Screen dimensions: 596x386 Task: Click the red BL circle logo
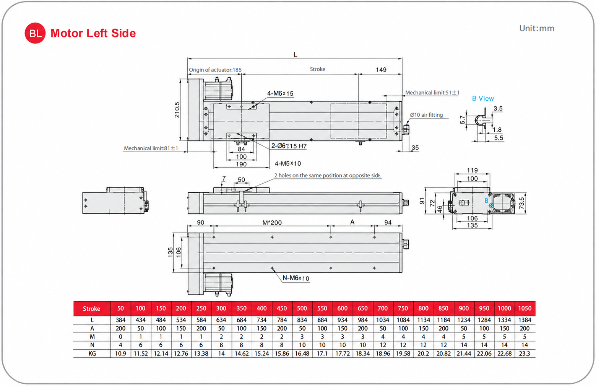point(35,33)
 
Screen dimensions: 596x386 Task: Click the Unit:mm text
point(537,28)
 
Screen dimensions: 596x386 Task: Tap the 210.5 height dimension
point(177,110)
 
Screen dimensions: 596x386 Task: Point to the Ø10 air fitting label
point(426,115)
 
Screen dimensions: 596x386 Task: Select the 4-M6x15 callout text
point(280,93)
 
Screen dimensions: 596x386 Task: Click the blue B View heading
point(483,98)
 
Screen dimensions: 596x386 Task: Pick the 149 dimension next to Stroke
point(381,70)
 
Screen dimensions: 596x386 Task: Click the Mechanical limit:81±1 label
point(151,148)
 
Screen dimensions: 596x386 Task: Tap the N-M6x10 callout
point(296,278)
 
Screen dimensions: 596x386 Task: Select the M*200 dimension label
point(272,223)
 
